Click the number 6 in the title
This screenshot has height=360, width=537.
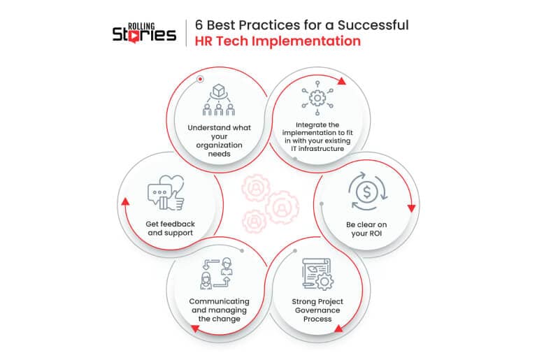tap(199, 25)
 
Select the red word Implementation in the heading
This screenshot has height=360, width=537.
tap(306, 41)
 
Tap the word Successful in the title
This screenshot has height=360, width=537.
tap(373, 25)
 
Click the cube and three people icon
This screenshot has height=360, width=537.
tap(218, 100)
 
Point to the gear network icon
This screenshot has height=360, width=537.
tap(317, 99)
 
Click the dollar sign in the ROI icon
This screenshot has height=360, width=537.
tap(367, 192)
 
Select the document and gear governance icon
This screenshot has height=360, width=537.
tap(318, 274)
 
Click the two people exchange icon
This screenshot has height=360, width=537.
tap(217, 274)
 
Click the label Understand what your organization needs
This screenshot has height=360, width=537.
tap(219, 141)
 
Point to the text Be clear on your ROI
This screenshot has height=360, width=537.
tap(366, 229)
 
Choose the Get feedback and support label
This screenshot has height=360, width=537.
tap(170, 228)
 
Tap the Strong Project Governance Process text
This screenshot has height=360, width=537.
tap(317, 310)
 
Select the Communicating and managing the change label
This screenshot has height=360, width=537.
tap(219, 310)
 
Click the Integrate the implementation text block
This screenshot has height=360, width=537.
tap(317, 137)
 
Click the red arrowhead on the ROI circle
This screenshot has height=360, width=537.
tap(412, 208)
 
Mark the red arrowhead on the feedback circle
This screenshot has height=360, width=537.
tap(126, 201)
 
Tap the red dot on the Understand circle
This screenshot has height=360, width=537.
tap(201, 79)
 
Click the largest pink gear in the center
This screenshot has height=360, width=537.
tap(282, 207)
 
